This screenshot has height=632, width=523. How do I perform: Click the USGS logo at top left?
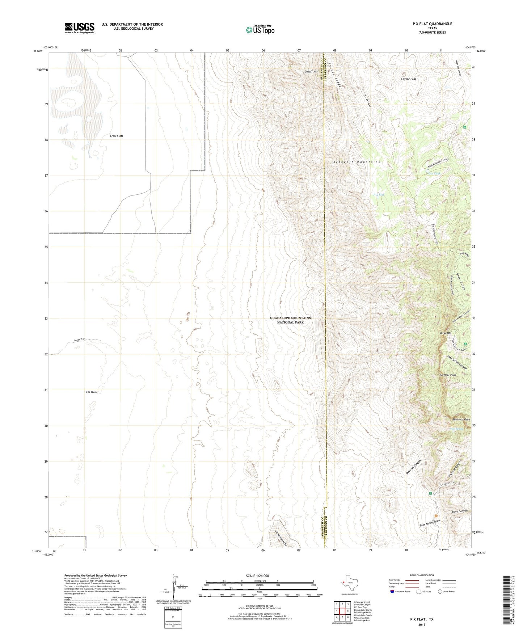(80, 28)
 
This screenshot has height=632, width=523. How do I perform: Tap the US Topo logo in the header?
(260, 30)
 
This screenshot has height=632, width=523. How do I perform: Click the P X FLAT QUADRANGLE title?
(432, 24)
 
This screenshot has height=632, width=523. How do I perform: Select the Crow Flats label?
(117, 136)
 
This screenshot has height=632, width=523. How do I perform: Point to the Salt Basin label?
(91, 392)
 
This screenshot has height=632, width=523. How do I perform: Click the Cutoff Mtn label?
(311, 72)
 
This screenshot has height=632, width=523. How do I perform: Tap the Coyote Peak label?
(409, 79)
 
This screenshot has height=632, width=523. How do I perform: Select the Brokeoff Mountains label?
(357, 162)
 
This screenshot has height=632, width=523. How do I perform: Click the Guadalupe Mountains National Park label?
(290, 320)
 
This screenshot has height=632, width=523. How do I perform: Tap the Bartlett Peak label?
(448, 375)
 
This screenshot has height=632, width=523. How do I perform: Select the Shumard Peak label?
(461, 420)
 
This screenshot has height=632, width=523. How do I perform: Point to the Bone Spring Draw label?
(430, 523)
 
